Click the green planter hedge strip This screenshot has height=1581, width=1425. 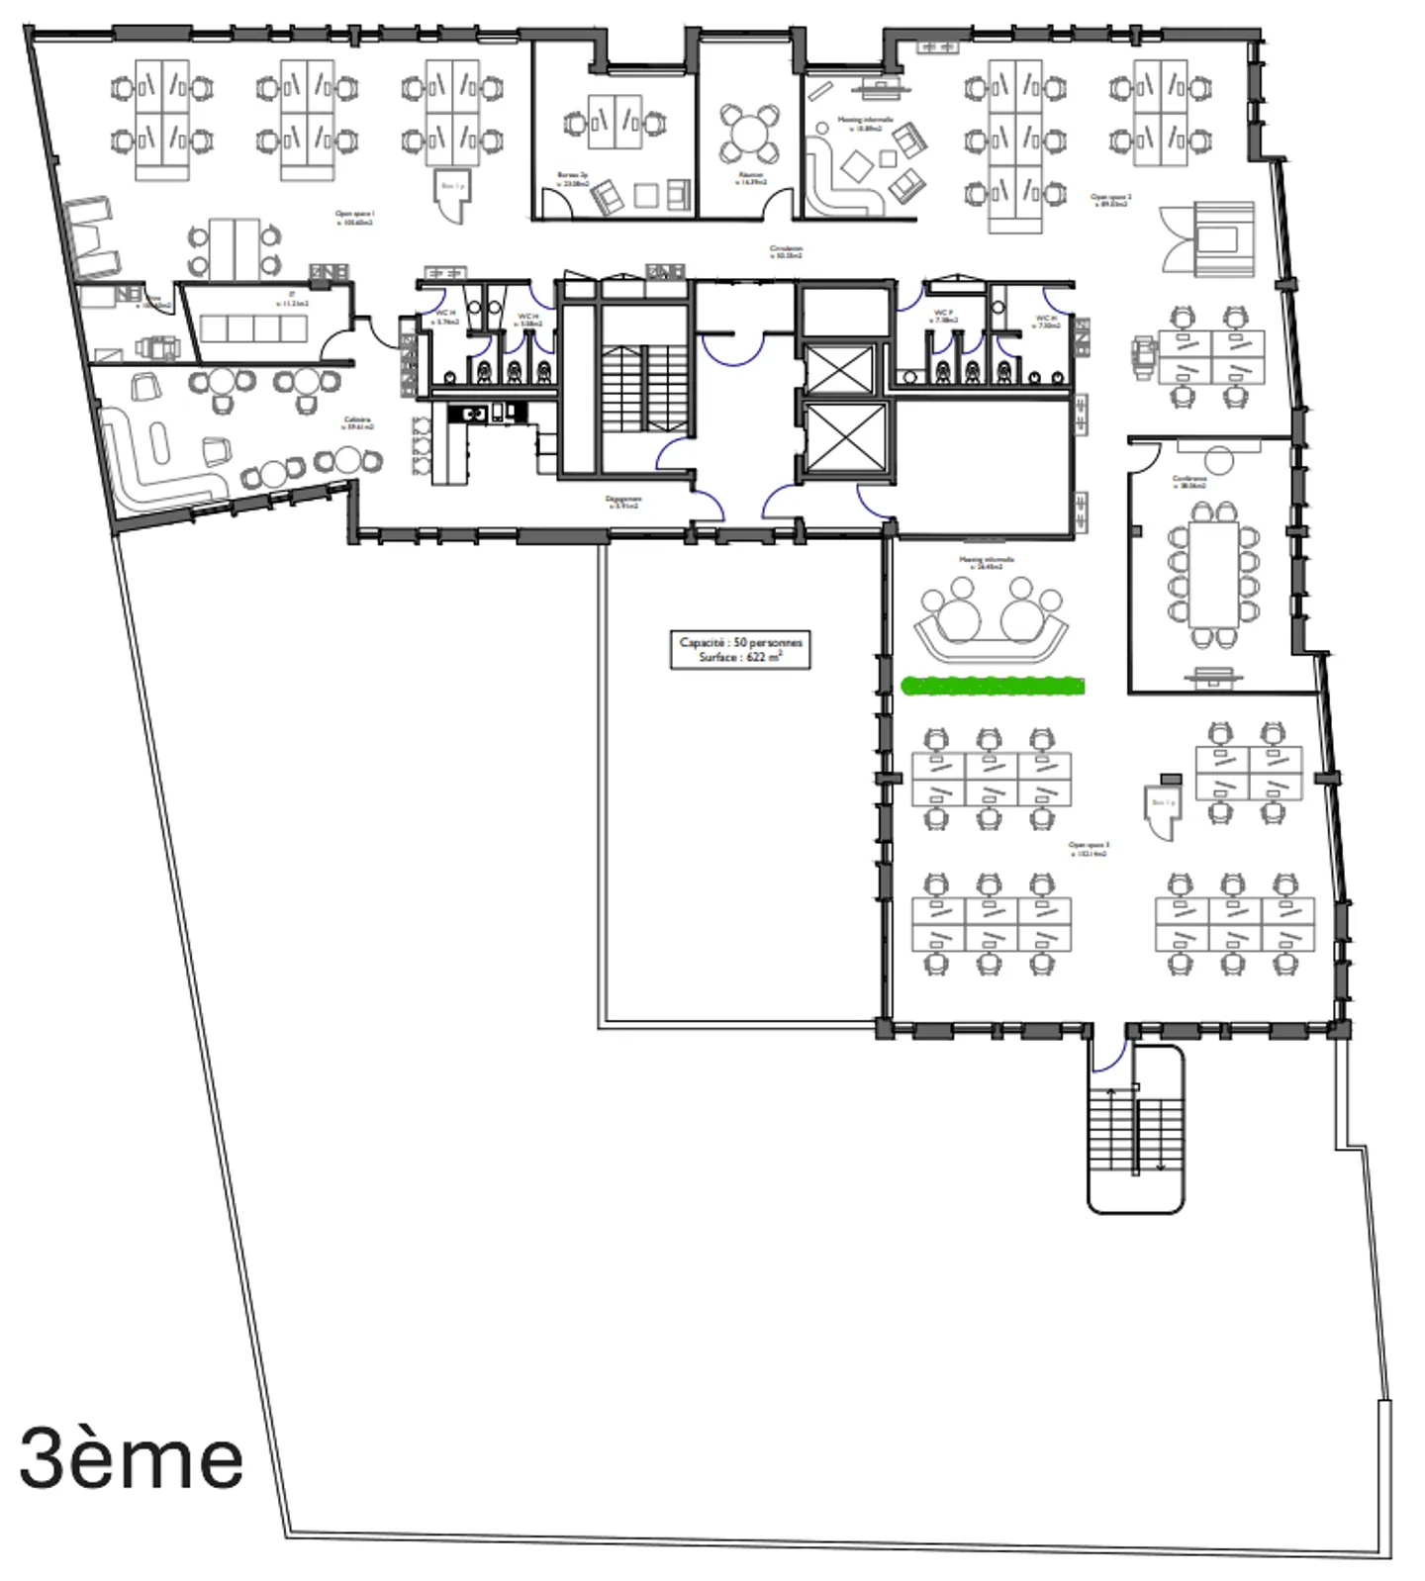click(x=993, y=686)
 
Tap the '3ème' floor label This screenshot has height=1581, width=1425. click(x=131, y=1458)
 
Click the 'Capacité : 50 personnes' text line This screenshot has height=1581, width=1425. click(x=740, y=642)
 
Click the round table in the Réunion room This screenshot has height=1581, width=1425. click(x=749, y=132)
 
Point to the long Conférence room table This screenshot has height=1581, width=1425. click(x=1213, y=573)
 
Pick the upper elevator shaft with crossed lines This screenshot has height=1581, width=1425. click(x=839, y=369)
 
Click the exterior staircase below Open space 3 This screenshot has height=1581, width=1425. click(x=1135, y=1133)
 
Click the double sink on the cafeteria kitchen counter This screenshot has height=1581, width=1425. click(x=472, y=414)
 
